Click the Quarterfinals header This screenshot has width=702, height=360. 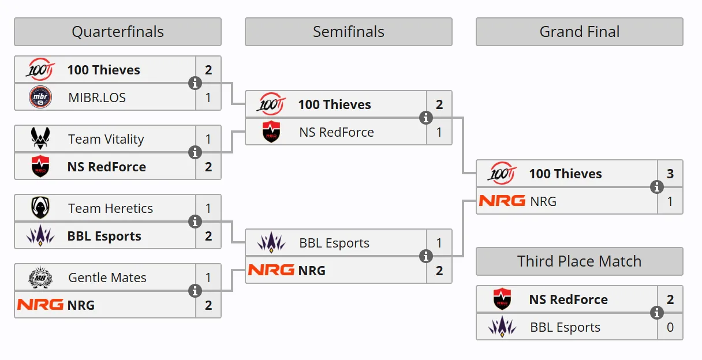pos(118,32)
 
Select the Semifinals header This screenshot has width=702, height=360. pos(349,32)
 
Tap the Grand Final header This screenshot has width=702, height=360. pos(580,32)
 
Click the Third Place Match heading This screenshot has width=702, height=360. pos(580,261)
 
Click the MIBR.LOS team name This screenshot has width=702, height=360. pos(97,97)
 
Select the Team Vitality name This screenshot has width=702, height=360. pos(106,139)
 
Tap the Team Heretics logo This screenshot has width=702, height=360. pos(40,208)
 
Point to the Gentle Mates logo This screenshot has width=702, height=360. pos(40,277)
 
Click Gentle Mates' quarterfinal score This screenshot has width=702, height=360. pos(208,277)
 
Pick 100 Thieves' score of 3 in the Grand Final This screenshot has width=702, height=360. pos(670,174)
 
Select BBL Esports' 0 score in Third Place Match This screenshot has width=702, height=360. pos(670,327)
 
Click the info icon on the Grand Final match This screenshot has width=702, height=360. pos(656,187)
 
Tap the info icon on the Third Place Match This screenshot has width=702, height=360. pos(656,313)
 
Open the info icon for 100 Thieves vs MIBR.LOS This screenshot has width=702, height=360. pos(195,83)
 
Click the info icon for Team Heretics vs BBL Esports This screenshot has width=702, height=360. pos(195,222)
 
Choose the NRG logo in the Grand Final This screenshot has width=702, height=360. pos(502,201)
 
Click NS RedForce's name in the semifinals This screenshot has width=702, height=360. pos(337,132)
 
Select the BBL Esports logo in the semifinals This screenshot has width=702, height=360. pos(271,242)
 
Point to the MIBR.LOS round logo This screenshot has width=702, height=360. pos(40,97)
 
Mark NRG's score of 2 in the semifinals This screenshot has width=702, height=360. pos(439,271)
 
